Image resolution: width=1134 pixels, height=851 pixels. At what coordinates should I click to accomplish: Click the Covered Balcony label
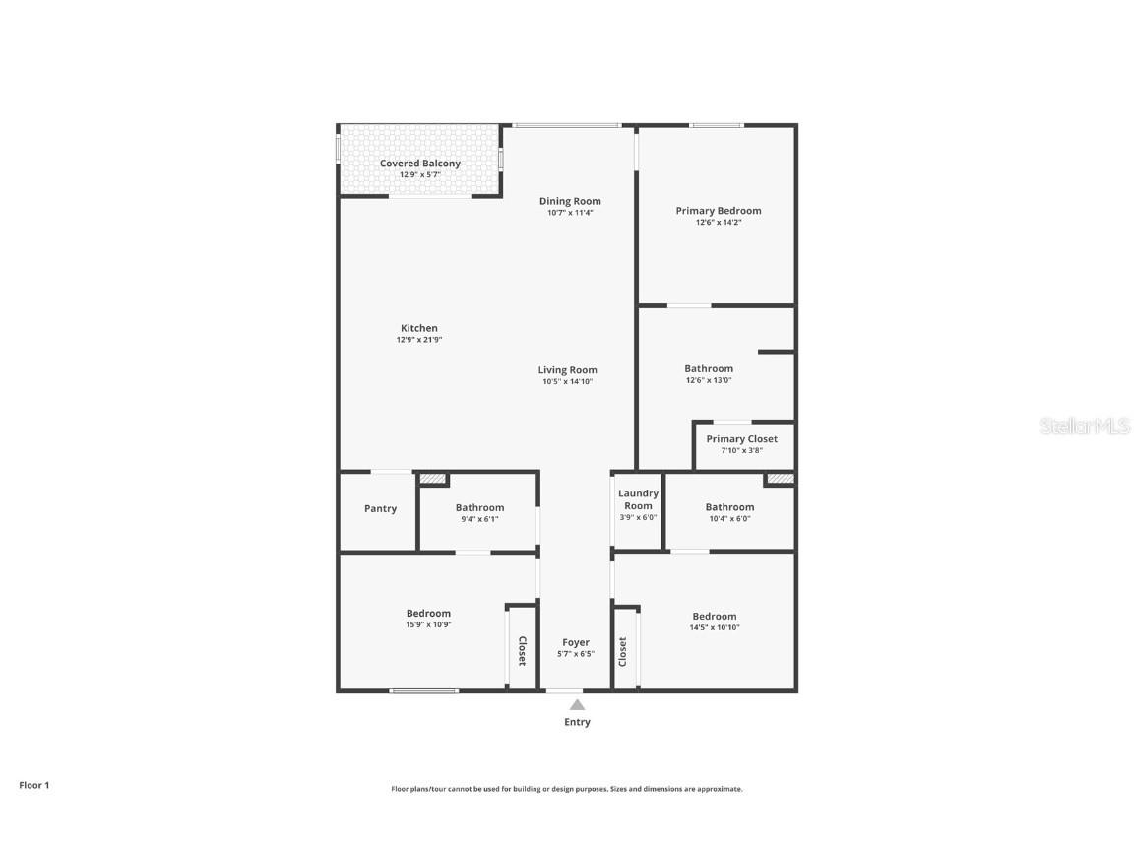420,164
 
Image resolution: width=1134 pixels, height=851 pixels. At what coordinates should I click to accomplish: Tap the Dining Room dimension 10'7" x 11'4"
570,213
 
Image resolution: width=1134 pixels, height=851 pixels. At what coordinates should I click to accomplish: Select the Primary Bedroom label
718,210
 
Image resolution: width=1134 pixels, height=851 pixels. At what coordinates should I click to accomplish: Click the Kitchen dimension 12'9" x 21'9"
419,340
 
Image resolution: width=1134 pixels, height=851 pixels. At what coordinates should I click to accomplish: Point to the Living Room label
568,370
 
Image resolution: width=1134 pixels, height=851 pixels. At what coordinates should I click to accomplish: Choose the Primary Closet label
741,439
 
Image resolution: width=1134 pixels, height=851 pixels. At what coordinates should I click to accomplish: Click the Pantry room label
380,509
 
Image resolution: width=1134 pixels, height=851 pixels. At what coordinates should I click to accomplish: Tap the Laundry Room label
638,499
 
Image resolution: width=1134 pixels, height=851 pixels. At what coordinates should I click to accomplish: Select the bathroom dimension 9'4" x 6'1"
479,519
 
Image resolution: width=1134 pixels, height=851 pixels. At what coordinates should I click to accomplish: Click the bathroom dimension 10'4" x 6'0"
729,519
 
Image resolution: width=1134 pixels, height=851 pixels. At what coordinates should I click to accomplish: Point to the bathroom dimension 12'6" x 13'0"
709,380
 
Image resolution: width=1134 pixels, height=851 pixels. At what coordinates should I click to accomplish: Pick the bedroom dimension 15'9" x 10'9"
428,624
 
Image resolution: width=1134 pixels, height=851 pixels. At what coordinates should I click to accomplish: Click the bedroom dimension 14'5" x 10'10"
715,627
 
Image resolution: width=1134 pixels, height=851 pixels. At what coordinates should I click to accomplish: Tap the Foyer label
576,642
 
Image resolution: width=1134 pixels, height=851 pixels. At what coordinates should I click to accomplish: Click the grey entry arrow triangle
577,704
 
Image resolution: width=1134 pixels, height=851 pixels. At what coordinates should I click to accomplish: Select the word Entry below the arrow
577,722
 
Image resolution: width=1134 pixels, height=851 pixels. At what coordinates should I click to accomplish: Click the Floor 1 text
33,785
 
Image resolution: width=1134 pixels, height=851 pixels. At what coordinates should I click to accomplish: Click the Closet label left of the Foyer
522,651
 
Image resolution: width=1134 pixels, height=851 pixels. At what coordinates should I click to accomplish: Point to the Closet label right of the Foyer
622,651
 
